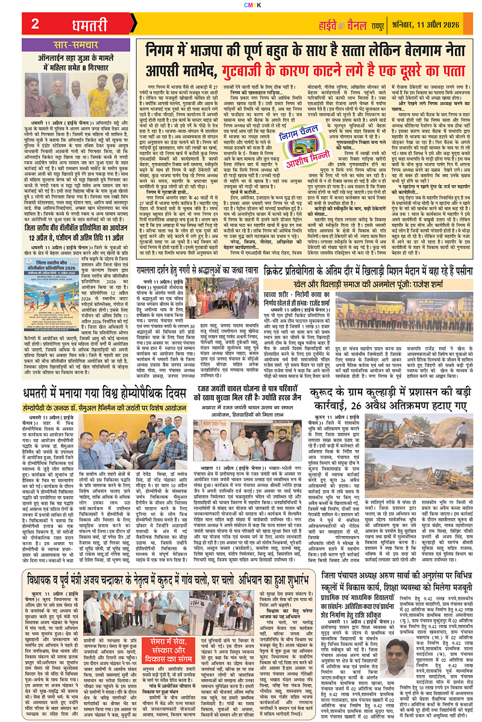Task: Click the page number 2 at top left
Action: tap(35, 24)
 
